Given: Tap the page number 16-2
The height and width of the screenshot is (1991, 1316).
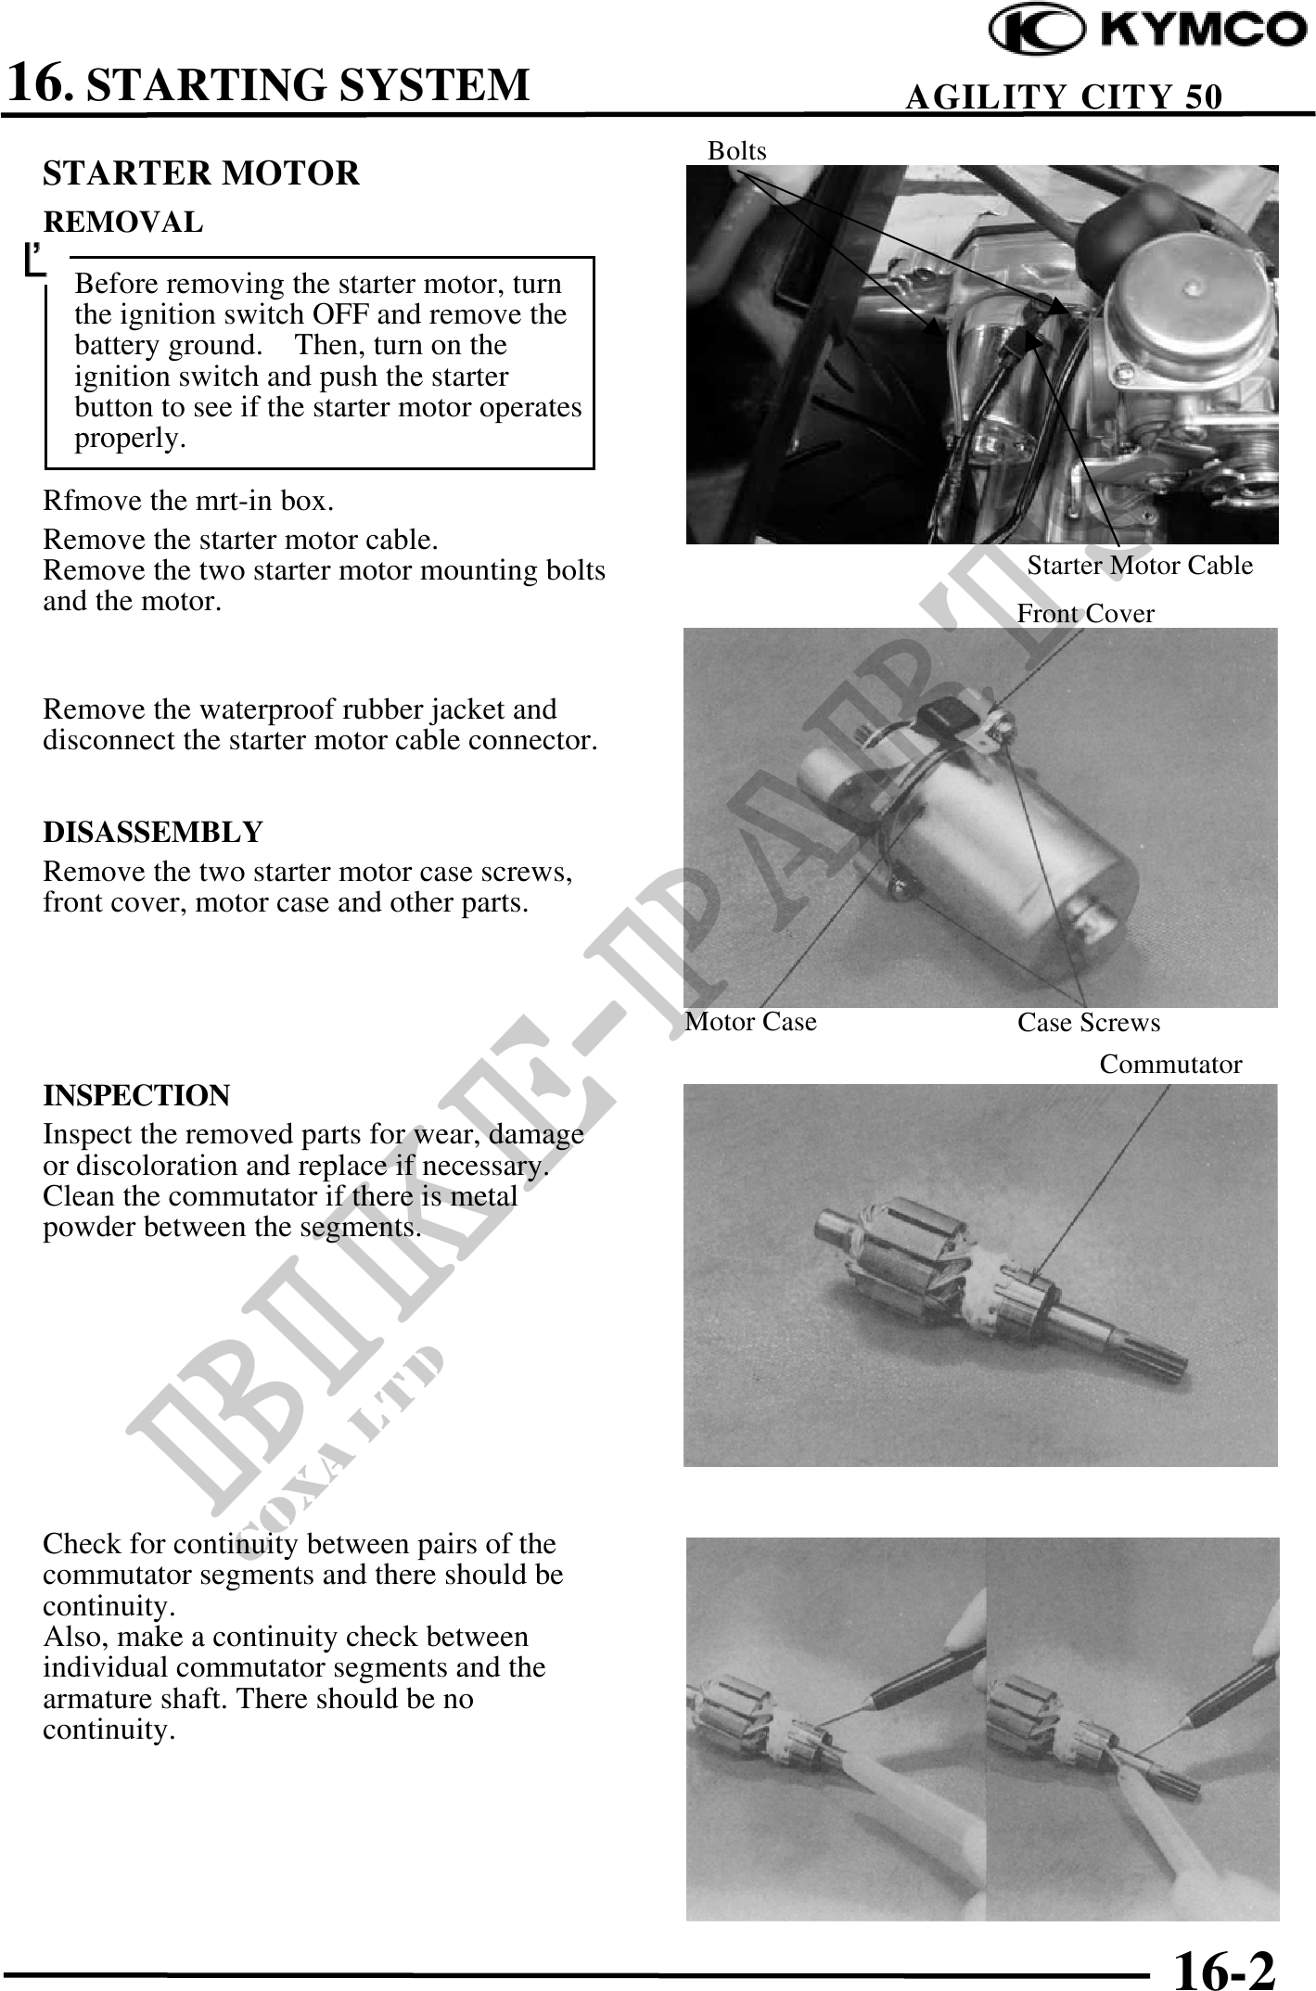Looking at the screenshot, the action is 1225,1965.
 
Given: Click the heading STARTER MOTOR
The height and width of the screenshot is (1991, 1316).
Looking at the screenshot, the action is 201,173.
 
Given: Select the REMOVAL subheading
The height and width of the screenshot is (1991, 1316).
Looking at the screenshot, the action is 123,223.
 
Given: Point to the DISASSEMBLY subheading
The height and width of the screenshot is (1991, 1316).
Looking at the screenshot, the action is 153,832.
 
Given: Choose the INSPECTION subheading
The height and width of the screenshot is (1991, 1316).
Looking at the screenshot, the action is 136,1095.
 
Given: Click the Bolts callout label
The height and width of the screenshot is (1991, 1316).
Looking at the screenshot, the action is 737,150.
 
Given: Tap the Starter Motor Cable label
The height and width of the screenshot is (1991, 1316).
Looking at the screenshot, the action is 1140,566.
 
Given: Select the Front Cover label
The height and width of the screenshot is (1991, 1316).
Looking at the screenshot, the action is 1086,613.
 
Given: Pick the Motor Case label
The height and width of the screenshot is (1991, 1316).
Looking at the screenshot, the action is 750,1021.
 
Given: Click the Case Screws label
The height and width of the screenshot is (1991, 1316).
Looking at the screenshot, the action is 1089,1022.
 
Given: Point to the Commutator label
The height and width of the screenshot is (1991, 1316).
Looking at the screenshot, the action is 1170,1065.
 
